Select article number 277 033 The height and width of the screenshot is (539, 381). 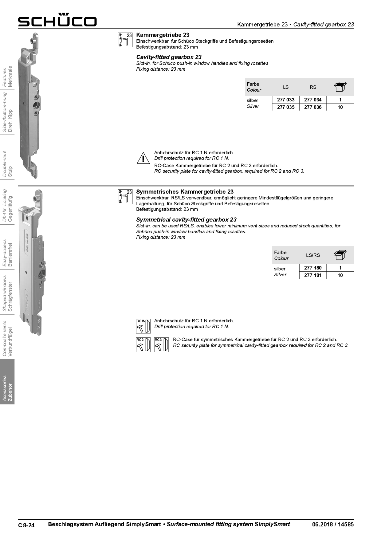(286, 100)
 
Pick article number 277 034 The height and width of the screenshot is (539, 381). (313, 100)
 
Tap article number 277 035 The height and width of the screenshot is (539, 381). (286, 107)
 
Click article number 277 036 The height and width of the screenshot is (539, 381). (313, 107)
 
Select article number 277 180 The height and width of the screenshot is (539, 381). (313, 268)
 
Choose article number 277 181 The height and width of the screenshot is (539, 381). (313, 275)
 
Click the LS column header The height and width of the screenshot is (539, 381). (286, 87)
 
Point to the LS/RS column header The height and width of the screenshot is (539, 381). (313, 255)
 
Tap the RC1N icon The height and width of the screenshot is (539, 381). (143, 326)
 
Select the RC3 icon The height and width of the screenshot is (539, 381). (161, 345)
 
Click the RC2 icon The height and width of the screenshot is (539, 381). (143, 345)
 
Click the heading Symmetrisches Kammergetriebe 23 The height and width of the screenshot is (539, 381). (185, 192)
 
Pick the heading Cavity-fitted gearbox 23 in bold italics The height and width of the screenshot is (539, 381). (169, 57)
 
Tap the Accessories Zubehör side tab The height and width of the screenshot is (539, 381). (7, 388)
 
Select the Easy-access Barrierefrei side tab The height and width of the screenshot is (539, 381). (7, 253)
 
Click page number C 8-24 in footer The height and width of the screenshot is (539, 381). (26, 525)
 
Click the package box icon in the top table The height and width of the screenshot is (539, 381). (340, 87)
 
